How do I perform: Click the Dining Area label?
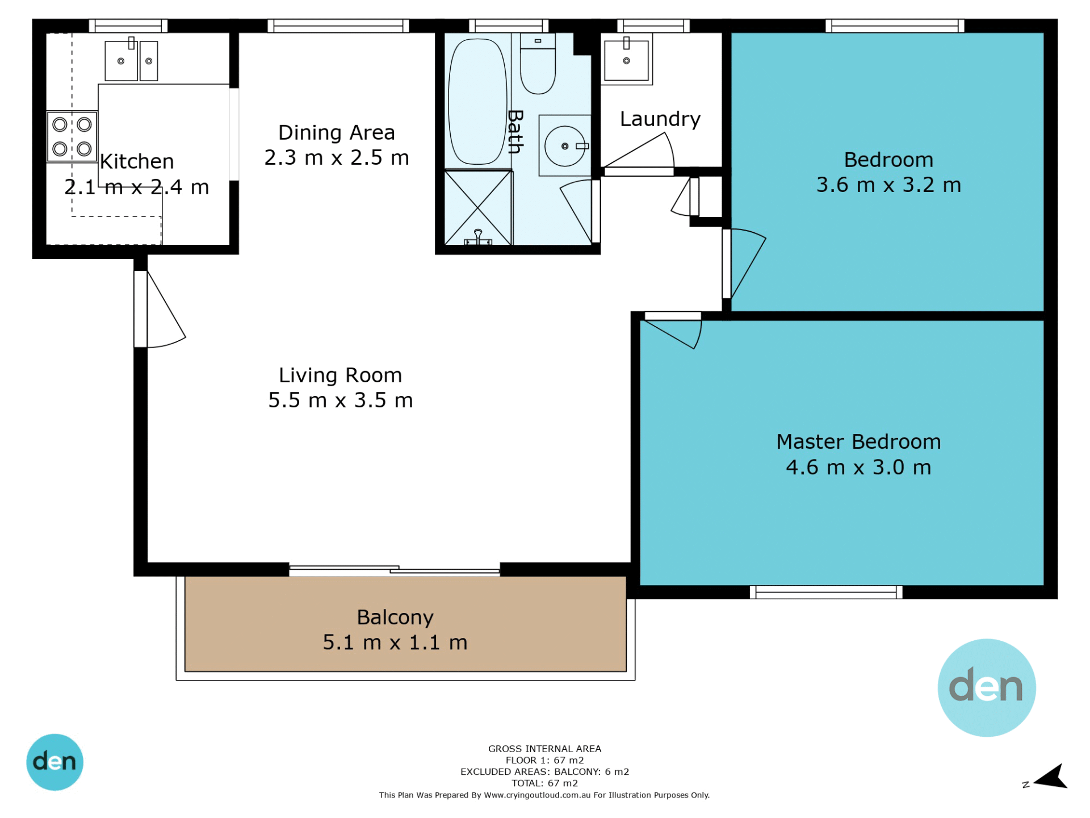coord(336,133)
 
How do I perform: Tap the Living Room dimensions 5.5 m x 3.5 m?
coord(341,400)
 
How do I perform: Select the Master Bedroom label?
coord(858,442)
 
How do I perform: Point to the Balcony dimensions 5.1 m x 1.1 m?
coord(395,642)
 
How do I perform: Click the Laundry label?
coord(660,119)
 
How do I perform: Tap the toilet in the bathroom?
coord(538,64)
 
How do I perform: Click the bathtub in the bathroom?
coord(477,102)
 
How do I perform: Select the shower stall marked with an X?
coord(478,208)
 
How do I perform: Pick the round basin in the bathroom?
coord(565,146)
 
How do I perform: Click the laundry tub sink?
coord(626,60)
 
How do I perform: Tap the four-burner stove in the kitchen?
coord(72,136)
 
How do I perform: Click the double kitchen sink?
coord(131,60)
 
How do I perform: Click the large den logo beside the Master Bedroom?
coord(987,688)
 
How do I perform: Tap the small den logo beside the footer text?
coord(55,762)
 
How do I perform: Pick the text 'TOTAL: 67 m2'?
coord(544,783)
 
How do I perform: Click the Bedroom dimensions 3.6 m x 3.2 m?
coord(888,185)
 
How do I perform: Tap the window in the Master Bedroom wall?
coord(826,592)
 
